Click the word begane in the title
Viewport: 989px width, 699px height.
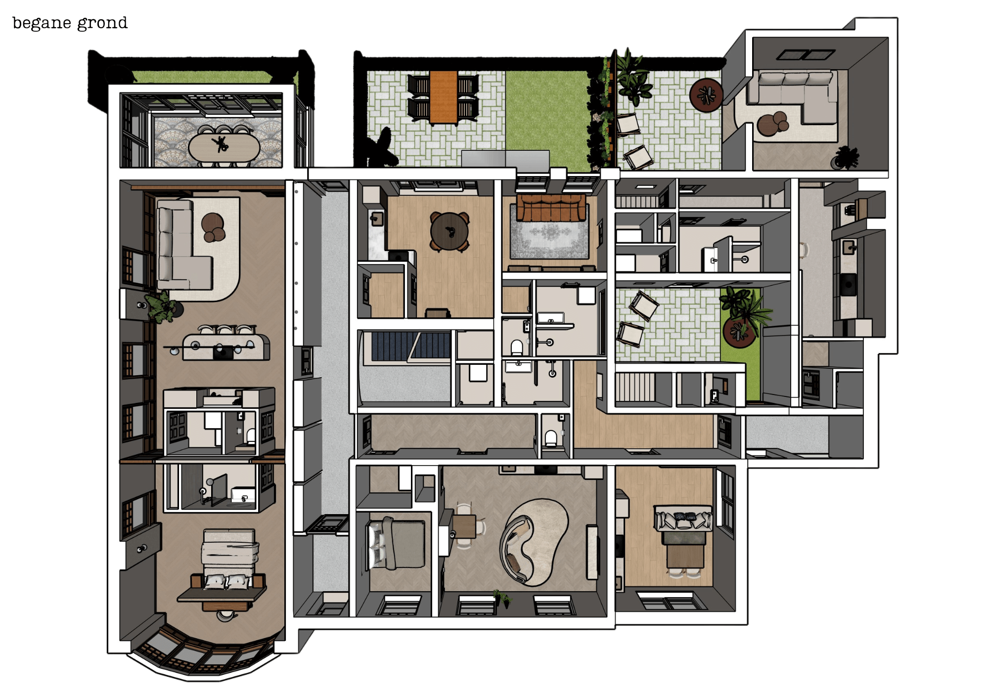[x=42, y=23]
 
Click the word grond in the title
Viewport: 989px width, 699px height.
[x=102, y=23]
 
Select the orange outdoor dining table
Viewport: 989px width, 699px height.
[x=443, y=97]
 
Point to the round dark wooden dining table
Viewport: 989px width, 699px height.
[x=449, y=231]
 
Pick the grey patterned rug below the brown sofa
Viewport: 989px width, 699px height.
[x=549, y=239]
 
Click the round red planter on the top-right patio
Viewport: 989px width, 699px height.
[x=706, y=95]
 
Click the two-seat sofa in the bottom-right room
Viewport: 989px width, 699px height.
[x=683, y=519]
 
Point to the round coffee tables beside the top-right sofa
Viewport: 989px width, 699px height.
[x=773, y=124]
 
